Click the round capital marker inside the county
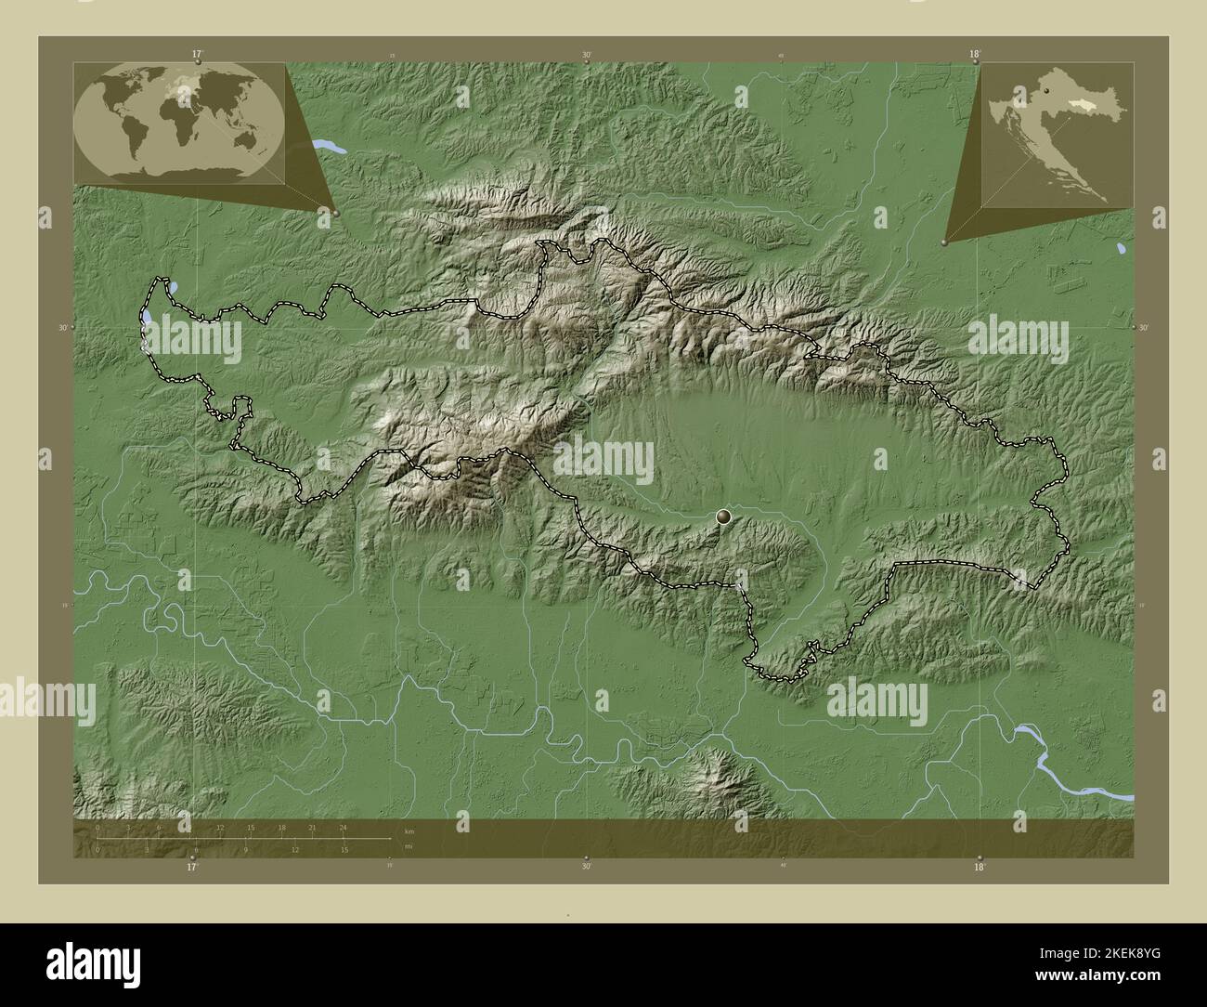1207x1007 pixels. coord(724,517)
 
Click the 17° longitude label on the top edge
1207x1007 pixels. coord(197,55)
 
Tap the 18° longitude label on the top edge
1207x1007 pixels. coord(974,55)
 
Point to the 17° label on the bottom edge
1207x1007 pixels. coord(192,867)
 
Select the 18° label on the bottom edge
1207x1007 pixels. coord(979,867)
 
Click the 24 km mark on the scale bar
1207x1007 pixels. coord(343,827)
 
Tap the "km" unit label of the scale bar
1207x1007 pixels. coord(409,830)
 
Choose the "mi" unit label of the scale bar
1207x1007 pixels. coord(409,847)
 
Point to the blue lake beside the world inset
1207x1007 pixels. coord(327,146)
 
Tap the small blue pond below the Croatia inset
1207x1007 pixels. coord(1121,250)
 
